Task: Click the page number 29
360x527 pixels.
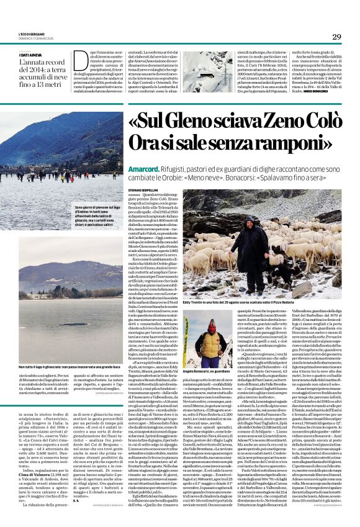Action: pyautogui.click(x=337, y=37)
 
